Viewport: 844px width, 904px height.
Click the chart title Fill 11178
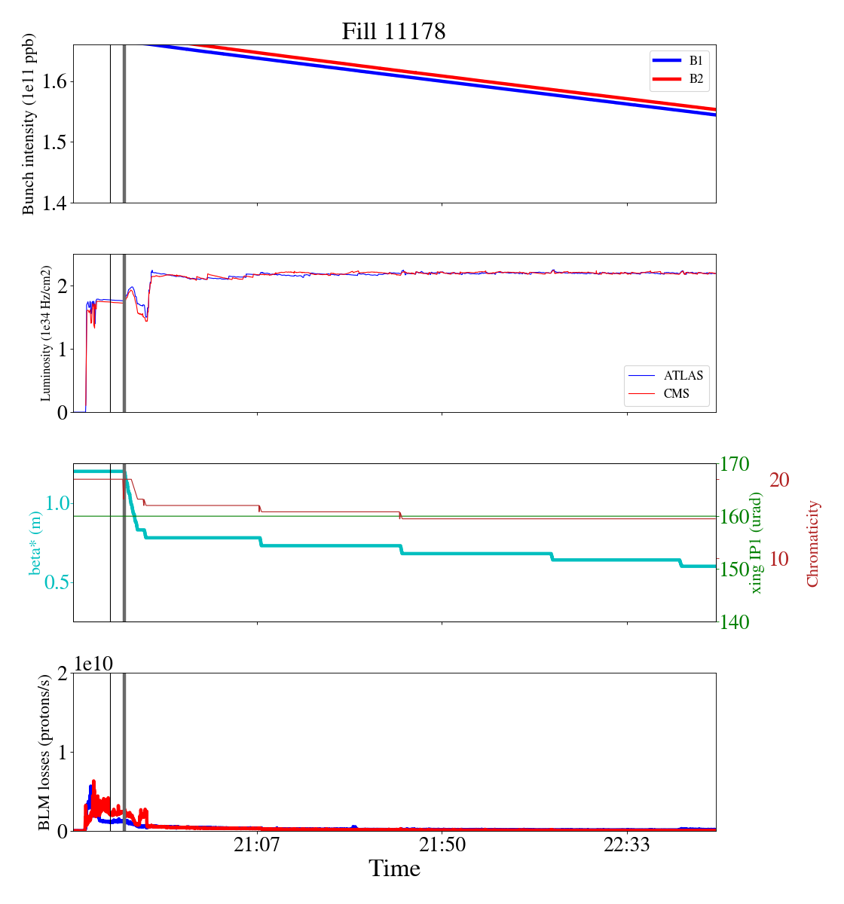click(393, 32)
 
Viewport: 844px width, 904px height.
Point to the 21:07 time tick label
click(257, 845)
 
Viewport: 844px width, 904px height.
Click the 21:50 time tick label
click(442, 845)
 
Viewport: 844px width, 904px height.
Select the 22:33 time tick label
click(627, 845)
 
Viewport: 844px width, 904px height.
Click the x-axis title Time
click(394, 869)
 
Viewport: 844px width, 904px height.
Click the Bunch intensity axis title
click(29, 124)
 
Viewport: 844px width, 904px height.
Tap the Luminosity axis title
click(46, 333)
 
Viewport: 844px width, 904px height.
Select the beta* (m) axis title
click(35, 542)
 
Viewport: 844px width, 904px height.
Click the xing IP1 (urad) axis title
click(757, 542)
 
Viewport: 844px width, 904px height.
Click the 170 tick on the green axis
click(735, 464)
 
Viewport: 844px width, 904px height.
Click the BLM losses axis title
click(44, 752)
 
